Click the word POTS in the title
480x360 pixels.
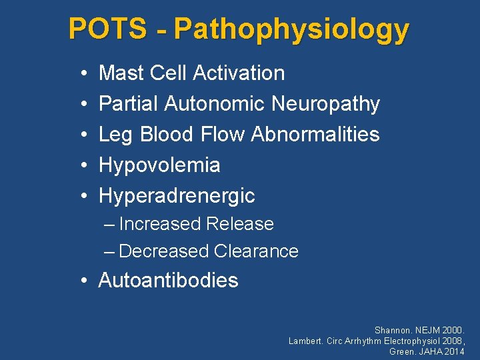pyautogui.click(x=107, y=29)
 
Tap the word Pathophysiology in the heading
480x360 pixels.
pyautogui.click(x=291, y=30)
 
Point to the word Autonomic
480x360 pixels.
pyautogui.click(x=215, y=103)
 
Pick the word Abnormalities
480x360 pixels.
pyautogui.click(x=315, y=134)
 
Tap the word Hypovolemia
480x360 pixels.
pyautogui.click(x=159, y=165)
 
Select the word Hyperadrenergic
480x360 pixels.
pyautogui.click(x=177, y=195)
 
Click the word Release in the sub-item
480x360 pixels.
pyautogui.click(x=240, y=224)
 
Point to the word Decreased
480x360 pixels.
pyautogui.click(x=163, y=251)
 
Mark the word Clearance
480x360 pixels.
pyautogui.click(x=256, y=251)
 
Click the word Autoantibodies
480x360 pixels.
pyautogui.click(x=168, y=280)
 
